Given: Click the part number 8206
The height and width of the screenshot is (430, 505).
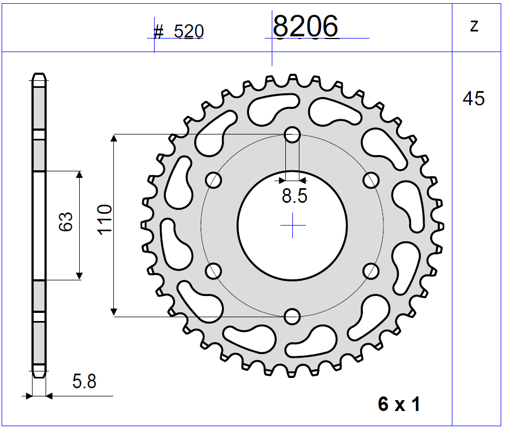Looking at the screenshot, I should [x=305, y=26].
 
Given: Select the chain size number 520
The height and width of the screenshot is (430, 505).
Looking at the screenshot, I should [x=188, y=32].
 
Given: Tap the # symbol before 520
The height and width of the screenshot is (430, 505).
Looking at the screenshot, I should [x=158, y=31].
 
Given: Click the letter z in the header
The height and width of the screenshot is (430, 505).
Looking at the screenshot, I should [x=474, y=25].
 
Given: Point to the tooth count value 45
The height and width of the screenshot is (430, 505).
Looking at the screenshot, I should [x=474, y=99].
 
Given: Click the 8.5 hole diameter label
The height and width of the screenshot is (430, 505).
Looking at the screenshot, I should [x=294, y=196].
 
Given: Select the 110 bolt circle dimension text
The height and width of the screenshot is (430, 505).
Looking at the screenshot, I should [x=104, y=220].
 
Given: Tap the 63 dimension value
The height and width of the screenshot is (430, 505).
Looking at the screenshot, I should [x=66, y=222].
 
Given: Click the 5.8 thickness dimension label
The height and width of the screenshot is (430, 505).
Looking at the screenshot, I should [x=84, y=382].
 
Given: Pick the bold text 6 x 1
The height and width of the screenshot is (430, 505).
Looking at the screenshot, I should [x=399, y=405].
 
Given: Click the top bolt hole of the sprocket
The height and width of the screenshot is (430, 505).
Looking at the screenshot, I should [x=292, y=134].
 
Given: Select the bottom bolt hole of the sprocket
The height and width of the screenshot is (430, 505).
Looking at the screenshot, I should [x=292, y=316].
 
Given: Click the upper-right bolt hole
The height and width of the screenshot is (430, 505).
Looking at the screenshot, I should [x=372, y=179].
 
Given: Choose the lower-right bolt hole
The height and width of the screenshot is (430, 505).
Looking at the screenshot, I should [x=372, y=271].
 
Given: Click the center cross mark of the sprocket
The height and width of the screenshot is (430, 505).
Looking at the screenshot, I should [x=292, y=225].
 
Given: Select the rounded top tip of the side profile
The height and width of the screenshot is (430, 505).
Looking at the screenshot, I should [x=39, y=74].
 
